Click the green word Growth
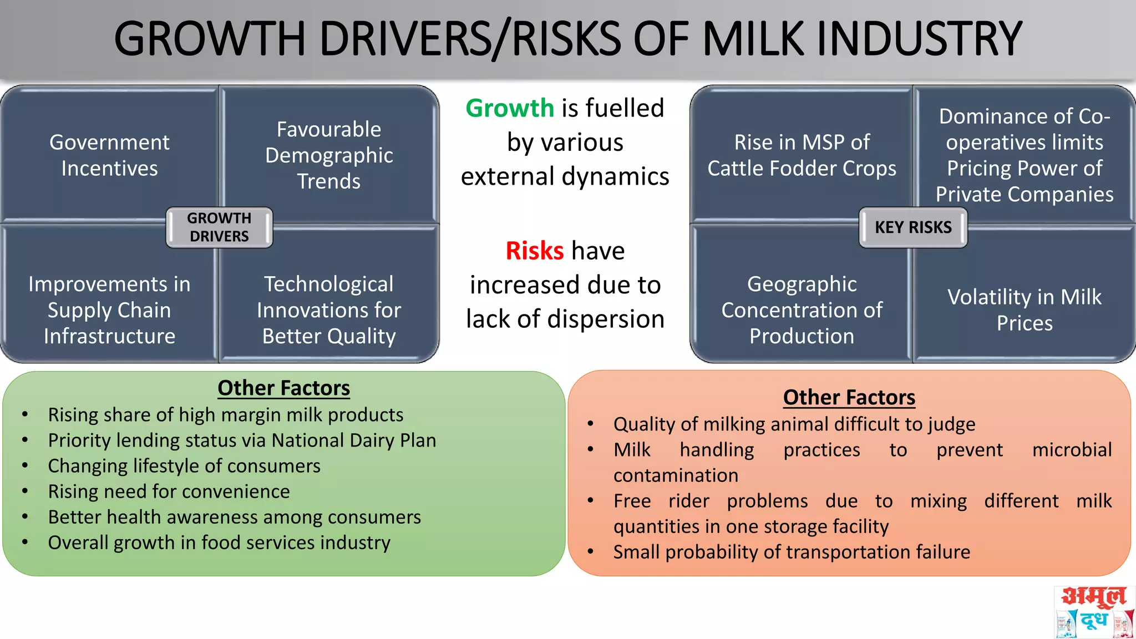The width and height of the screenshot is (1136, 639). pyautogui.click(x=509, y=108)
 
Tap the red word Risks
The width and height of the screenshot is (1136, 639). pyautogui.click(x=534, y=251)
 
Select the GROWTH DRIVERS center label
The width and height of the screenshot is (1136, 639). pyautogui.click(x=219, y=227)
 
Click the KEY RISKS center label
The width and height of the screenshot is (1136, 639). pyautogui.click(x=913, y=227)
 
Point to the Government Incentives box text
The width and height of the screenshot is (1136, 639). pyautogui.click(x=109, y=155)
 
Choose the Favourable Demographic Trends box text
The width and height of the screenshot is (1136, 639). pyautogui.click(x=329, y=155)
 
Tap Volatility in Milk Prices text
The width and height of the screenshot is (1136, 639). pyautogui.click(x=1024, y=310)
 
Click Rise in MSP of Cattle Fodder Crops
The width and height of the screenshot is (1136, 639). pyautogui.click(x=802, y=155)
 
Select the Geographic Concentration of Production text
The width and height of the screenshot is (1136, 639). pyautogui.click(x=802, y=310)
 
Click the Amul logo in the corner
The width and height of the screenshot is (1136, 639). pyautogui.click(x=1093, y=612)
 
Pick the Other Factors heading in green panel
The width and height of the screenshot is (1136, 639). pyautogui.click(x=283, y=388)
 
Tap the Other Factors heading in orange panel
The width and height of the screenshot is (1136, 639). pyautogui.click(x=849, y=397)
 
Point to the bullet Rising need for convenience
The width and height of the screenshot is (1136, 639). pyautogui.click(x=169, y=491)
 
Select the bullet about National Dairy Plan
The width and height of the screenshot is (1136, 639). pyautogui.click(x=242, y=440)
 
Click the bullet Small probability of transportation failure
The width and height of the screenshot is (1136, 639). pyautogui.click(x=792, y=552)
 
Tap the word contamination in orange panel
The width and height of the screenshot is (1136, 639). pyautogui.click(x=676, y=475)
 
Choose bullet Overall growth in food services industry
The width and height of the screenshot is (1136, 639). pyautogui.click(x=219, y=542)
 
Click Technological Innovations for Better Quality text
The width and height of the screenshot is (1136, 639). pyautogui.click(x=329, y=310)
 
